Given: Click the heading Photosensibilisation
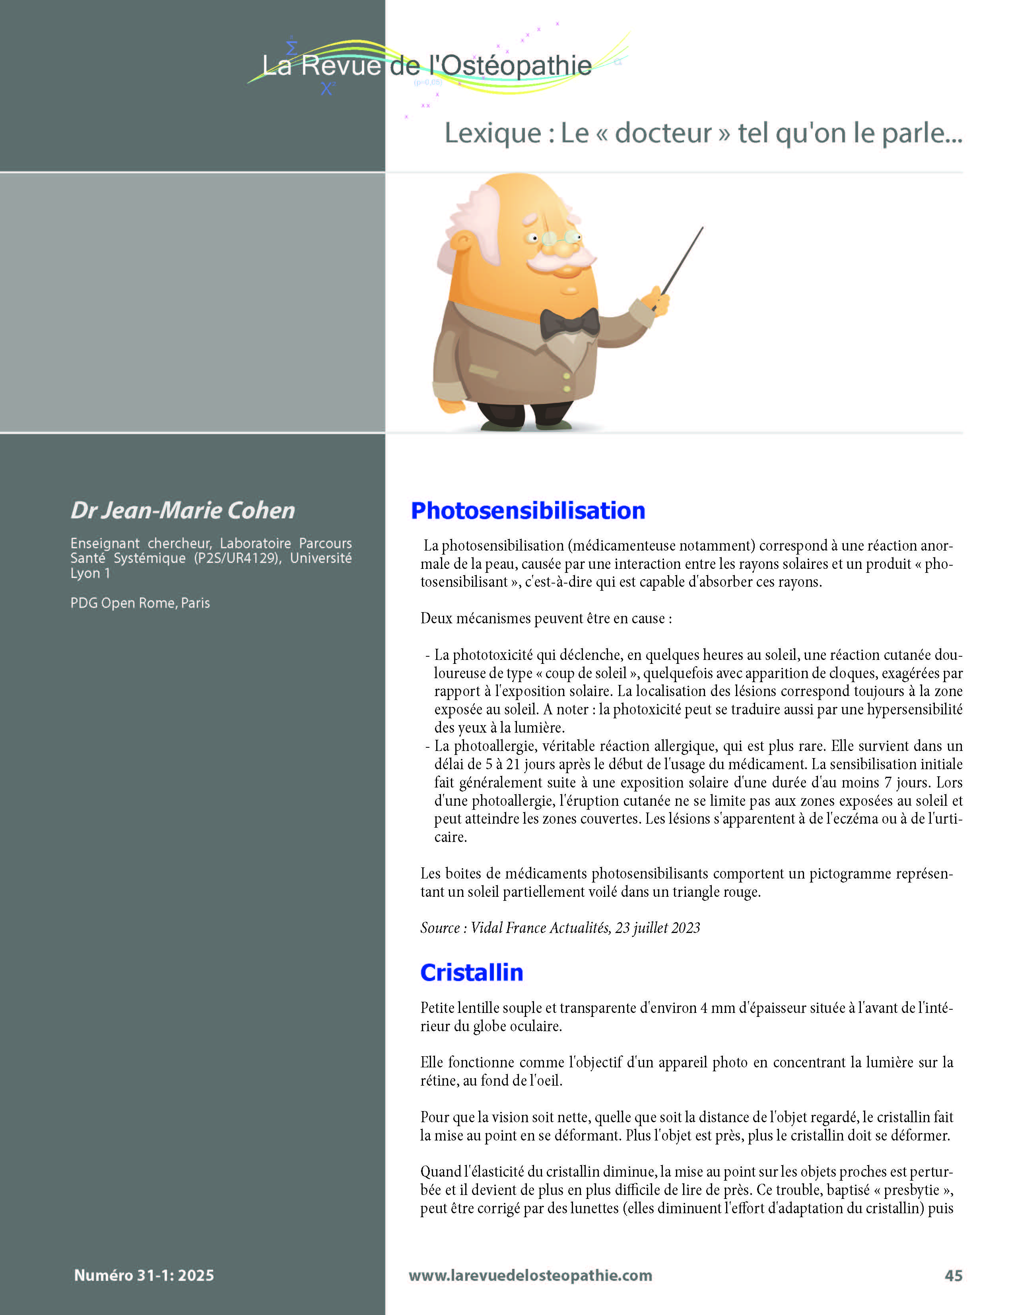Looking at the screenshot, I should coord(528,511).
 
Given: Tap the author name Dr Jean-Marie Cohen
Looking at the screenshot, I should coord(183,510).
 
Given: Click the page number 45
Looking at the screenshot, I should coord(954,1275).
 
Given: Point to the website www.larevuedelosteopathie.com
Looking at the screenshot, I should coord(530,1275).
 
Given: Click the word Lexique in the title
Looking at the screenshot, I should coord(492,134).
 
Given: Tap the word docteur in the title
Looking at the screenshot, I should coord(663,134).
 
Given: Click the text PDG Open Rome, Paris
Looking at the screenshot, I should coord(140,603).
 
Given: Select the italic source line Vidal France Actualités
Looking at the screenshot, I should coord(560,928).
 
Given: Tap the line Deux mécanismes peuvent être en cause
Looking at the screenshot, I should coord(546,619).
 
